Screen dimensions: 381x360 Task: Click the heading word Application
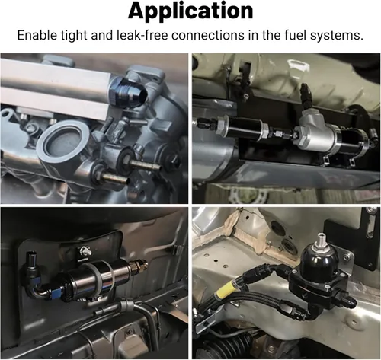tap(190, 11)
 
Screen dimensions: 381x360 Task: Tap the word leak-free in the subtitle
tap(142, 35)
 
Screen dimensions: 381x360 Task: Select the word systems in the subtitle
tap(337, 36)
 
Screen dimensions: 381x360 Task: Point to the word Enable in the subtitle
tap(37, 35)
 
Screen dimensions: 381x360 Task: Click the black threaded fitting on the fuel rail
tap(128, 92)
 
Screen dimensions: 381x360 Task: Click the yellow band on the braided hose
tap(224, 292)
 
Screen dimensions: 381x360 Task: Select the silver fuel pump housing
tap(318, 133)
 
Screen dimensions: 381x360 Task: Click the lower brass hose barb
tap(115, 178)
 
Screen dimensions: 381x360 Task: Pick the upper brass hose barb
tap(145, 165)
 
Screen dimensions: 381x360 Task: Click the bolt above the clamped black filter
tap(85, 252)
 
